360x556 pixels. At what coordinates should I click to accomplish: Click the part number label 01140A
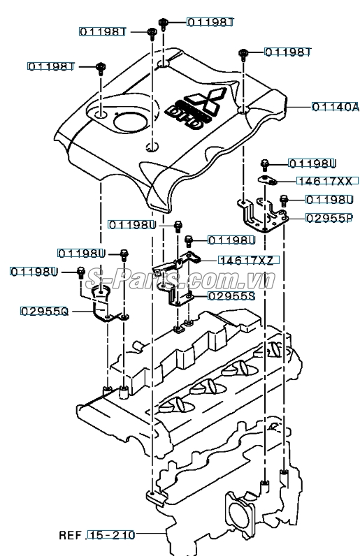tap(336, 107)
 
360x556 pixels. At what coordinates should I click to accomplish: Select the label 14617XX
tap(324, 181)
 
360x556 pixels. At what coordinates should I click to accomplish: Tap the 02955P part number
tap(329, 218)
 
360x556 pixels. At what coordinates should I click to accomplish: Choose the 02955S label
tap(231, 295)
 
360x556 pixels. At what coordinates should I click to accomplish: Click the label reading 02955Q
tap(44, 312)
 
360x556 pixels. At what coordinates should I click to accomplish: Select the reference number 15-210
tap(111, 535)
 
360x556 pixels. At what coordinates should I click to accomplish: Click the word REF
tap(71, 535)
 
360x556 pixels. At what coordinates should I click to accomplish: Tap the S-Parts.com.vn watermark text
tap(180, 279)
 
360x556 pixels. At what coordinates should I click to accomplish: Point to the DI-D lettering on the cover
tap(185, 117)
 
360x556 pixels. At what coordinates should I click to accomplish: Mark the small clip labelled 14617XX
tap(267, 180)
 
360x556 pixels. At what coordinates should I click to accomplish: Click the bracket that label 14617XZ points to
tap(176, 264)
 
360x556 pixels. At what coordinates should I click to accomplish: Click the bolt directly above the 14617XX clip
tap(264, 164)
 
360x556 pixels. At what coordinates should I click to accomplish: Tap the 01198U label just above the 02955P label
tap(329, 200)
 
